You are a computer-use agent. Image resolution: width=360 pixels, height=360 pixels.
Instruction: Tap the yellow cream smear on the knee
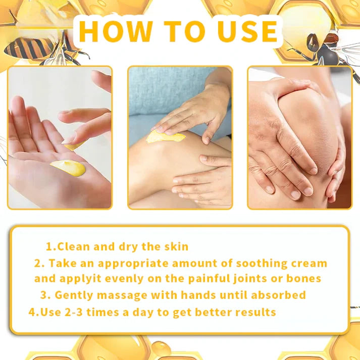(x=165, y=136)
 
